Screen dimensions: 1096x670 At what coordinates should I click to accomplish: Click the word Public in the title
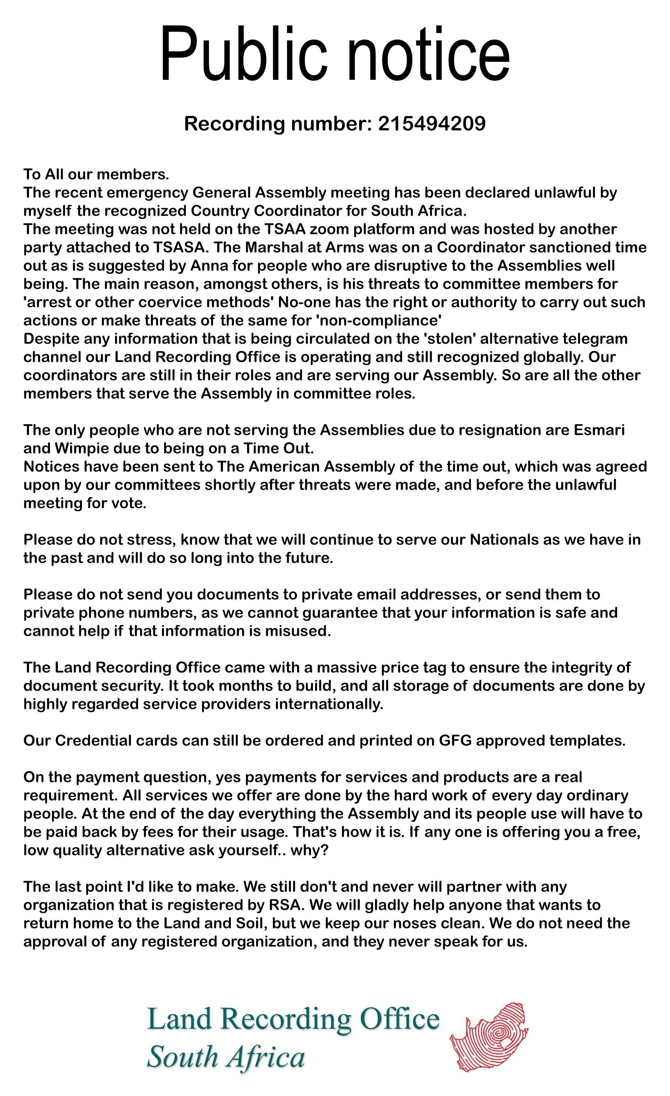[242, 54]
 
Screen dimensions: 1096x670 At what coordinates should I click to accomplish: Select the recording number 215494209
[432, 124]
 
